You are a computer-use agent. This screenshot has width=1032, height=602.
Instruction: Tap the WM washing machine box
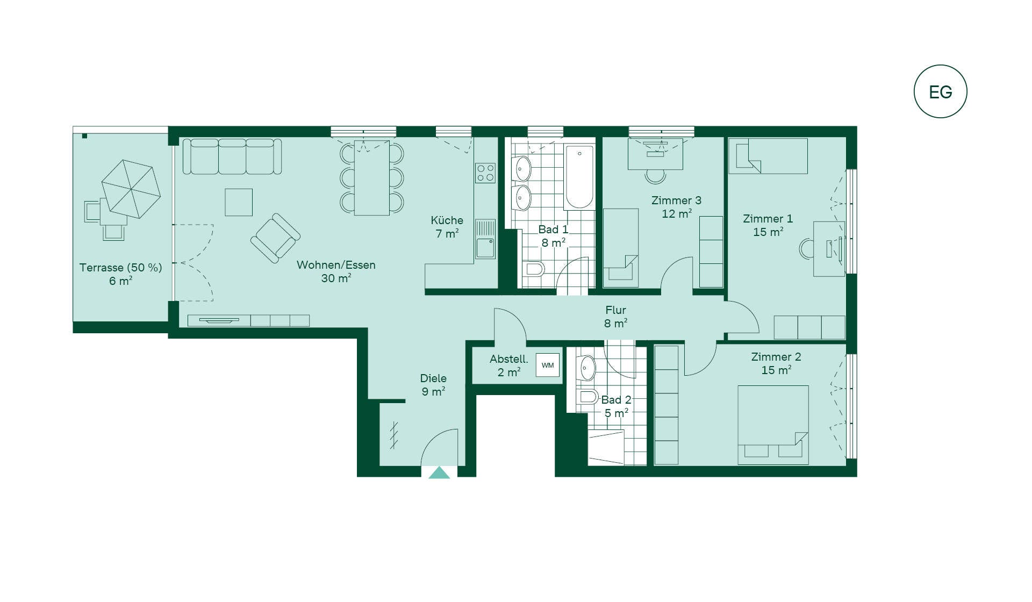click(x=548, y=365)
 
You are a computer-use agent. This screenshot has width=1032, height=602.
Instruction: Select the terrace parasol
click(x=131, y=189)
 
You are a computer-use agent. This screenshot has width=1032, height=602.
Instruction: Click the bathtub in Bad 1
click(x=579, y=177)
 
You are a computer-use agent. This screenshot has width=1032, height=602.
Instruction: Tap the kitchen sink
click(x=485, y=239)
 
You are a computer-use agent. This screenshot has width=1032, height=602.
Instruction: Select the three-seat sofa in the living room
click(x=232, y=156)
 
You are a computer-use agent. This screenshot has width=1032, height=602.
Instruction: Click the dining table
click(x=372, y=178)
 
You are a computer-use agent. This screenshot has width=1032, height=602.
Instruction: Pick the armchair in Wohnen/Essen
click(x=275, y=238)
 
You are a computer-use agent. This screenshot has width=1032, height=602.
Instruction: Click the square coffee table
click(x=239, y=202)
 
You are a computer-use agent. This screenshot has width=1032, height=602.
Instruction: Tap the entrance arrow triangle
click(x=439, y=472)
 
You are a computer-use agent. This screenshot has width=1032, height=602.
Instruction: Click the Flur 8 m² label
click(x=615, y=317)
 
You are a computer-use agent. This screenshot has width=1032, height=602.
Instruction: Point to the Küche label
click(x=447, y=220)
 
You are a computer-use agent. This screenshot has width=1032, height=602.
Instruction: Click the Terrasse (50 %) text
click(x=120, y=268)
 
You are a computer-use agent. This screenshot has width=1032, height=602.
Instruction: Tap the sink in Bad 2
click(x=587, y=368)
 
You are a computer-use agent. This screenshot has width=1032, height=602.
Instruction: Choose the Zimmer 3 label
click(x=676, y=200)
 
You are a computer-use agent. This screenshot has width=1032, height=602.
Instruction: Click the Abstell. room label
click(x=508, y=359)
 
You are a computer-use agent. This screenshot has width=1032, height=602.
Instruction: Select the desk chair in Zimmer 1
click(x=806, y=249)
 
